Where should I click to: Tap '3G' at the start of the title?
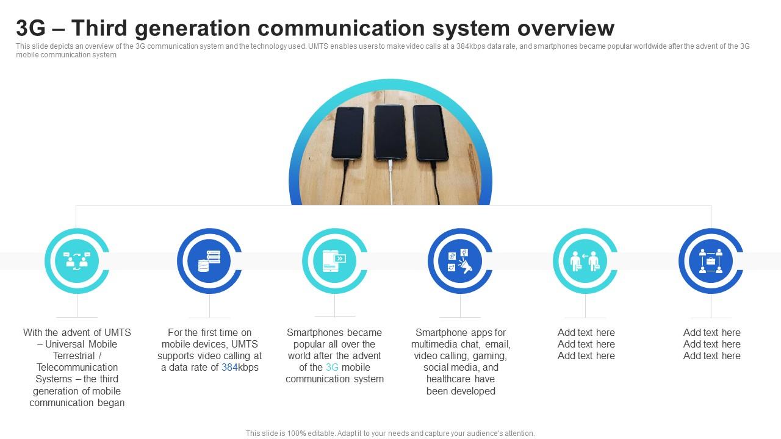pyautogui.click(x=31, y=28)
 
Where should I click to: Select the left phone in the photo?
pyautogui.click(x=348, y=132)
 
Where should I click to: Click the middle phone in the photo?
pyautogui.click(x=390, y=132)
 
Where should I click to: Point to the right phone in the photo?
pyautogui.click(x=431, y=132)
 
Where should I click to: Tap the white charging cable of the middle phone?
pyautogui.click(x=390, y=183)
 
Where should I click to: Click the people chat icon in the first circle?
pyautogui.click(x=77, y=261)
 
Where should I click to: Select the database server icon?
pyautogui.click(x=209, y=261)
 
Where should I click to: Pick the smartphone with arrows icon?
pyautogui.click(x=334, y=261)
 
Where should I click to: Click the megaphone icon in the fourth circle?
pyautogui.click(x=461, y=261)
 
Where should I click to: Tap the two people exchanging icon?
pyautogui.click(x=585, y=261)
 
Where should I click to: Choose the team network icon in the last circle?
pyautogui.click(x=711, y=261)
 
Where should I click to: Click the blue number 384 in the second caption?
pyautogui.click(x=229, y=368)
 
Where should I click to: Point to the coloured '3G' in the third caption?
pyautogui.click(x=332, y=368)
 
